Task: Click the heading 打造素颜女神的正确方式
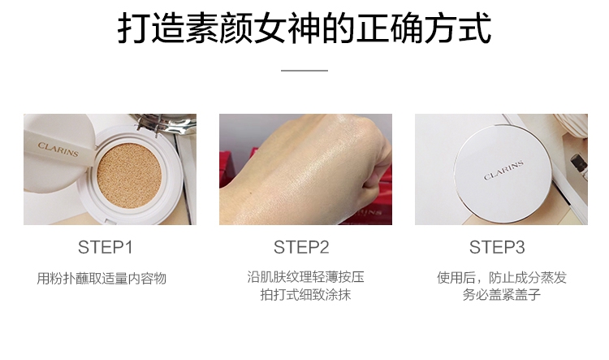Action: coord(304,28)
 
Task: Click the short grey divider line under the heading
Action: coord(304,71)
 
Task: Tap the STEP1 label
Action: coord(106,247)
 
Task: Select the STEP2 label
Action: coord(301,247)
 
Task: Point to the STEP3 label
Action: coord(497,247)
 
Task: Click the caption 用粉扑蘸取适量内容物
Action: coord(101,279)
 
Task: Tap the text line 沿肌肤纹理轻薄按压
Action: coord(305,277)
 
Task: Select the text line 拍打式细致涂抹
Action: coord(305,295)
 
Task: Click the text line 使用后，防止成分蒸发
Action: coord(502,277)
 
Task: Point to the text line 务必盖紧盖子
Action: coord(502,295)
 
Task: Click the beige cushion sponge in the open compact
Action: coord(129,176)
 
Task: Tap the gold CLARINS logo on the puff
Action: coord(58,149)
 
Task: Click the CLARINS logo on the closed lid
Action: coord(503,171)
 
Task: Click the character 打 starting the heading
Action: coord(133,28)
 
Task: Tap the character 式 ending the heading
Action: coord(476,28)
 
